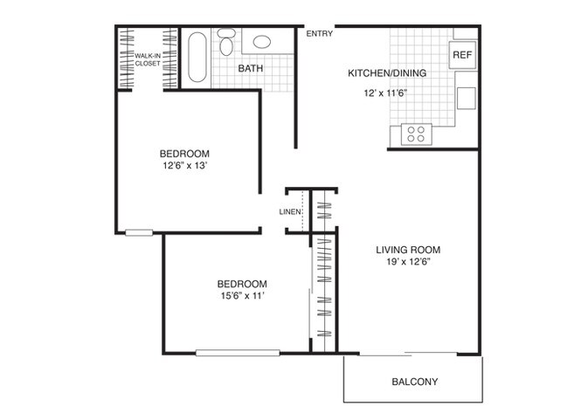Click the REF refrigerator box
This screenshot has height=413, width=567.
click(x=462, y=55)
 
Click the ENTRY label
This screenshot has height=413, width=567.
click(x=319, y=34)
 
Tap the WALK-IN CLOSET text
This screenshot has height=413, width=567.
click(x=147, y=59)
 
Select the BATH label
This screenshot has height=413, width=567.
click(x=251, y=68)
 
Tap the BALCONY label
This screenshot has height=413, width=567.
click(x=413, y=382)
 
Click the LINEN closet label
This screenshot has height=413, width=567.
click(x=290, y=211)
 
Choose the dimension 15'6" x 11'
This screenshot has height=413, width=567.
click(x=241, y=297)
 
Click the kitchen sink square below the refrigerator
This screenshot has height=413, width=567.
click(x=466, y=95)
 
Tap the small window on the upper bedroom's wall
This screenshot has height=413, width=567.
click(x=137, y=232)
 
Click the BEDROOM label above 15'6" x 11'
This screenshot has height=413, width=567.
click(x=241, y=284)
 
